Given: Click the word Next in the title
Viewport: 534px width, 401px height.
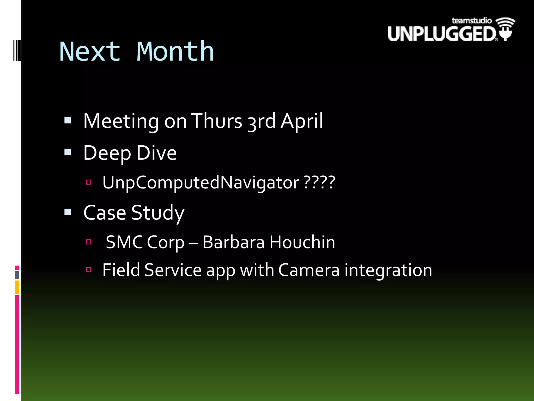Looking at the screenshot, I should point(90,52).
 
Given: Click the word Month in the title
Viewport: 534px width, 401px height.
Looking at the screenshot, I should point(175,52).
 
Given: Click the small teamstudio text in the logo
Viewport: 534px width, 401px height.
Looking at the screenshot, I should point(471,21).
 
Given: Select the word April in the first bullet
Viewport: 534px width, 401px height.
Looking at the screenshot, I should point(302,121).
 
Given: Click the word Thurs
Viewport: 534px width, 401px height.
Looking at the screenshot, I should point(217,121).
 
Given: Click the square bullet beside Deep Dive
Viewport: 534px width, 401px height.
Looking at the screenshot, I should point(68,152).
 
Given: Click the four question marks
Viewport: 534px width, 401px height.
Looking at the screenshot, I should point(320,182).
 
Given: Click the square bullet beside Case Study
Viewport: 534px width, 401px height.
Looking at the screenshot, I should point(68,212).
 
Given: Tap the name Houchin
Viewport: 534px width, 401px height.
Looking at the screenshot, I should point(302,242).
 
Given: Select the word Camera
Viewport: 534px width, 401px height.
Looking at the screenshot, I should point(309,270).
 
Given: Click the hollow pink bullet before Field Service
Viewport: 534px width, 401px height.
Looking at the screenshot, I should point(89,269).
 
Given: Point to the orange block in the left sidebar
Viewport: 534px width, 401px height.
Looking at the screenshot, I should point(17,287).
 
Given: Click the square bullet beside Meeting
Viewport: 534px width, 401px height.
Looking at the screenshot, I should point(68,120).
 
